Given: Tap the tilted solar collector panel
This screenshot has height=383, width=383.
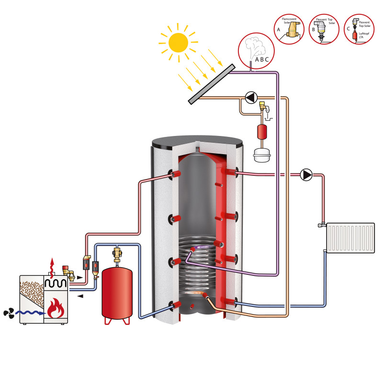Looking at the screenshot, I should (x=211, y=84).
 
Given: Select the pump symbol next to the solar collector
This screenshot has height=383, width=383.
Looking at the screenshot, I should (x=250, y=97).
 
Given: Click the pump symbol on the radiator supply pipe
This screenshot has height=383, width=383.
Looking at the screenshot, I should (x=306, y=175).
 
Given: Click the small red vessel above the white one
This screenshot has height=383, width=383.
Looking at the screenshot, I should (x=261, y=131).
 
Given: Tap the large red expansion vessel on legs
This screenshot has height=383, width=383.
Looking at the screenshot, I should (x=117, y=293).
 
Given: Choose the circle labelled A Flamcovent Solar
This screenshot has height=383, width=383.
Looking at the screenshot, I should (x=289, y=29).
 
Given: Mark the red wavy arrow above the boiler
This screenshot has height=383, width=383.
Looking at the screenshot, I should (x=52, y=266).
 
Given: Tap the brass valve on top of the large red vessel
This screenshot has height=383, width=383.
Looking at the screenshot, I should (x=116, y=253).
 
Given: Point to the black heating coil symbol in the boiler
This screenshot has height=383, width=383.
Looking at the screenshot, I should (x=56, y=283).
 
